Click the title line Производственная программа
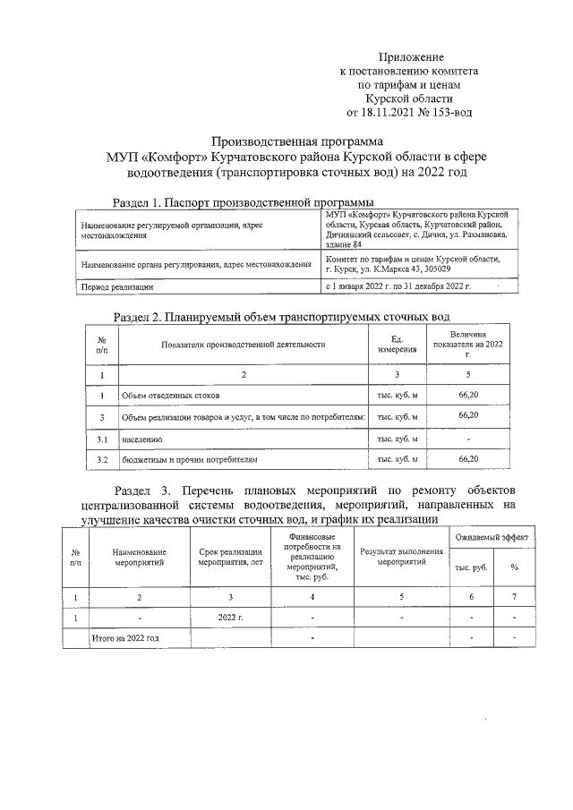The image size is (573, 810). pyautogui.click(x=295, y=141)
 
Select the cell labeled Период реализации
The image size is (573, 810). pyautogui.click(x=117, y=287)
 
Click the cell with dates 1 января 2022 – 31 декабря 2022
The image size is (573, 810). pyautogui.click(x=398, y=287)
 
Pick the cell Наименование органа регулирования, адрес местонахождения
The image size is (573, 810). pyautogui.click(x=195, y=265)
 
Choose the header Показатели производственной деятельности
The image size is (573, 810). pyautogui.click(x=243, y=345)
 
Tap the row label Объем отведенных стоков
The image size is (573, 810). pyautogui.click(x=169, y=395)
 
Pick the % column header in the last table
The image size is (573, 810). pyautogui.click(x=514, y=567)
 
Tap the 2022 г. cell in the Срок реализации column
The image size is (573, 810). pyautogui.click(x=231, y=618)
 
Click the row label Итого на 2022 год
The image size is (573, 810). pyautogui.click(x=125, y=638)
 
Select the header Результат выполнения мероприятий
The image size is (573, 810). pyautogui.click(x=401, y=556)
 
